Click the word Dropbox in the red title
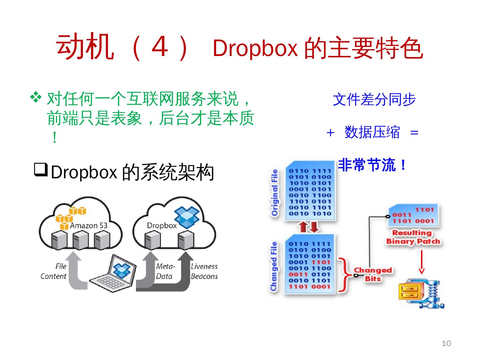pyautogui.click(x=255, y=48)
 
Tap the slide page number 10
pyautogui.click(x=446, y=343)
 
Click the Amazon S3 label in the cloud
pyautogui.click(x=89, y=226)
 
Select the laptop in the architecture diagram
pyautogui.click(x=113, y=274)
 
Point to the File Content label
pyautogui.click(x=54, y=271)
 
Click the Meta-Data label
pyautogui.click(x=165, y=271)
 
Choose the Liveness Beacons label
pyautogui.click(x=204, y=271)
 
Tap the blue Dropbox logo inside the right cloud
pyautogui.click(x=187, y=217)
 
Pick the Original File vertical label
pyautogui.click(x=275, y=193)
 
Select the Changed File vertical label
pyautogui.click(x=274, y=266)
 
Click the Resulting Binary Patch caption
pyautogui.click(x=413, y=237)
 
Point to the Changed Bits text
pyautogui.click(x=373, y=274)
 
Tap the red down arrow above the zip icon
pyautogui.click(x=421, y=262)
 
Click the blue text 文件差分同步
pyautogui.click(x=374, y=99)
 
